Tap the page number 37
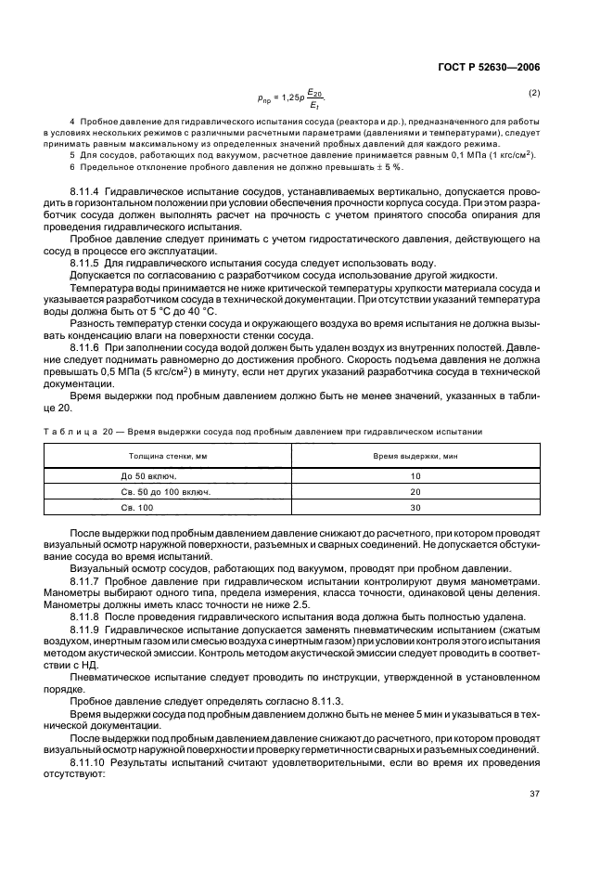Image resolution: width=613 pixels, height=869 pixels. [534, 793]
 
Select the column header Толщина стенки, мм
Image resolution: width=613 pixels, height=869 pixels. [168, 457]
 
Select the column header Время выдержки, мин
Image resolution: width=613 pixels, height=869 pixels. [415, 457]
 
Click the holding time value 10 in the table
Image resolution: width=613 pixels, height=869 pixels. [415, 474]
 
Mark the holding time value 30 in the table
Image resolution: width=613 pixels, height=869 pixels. [415, 508]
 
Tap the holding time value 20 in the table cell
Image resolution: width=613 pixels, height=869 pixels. [415, 491]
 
